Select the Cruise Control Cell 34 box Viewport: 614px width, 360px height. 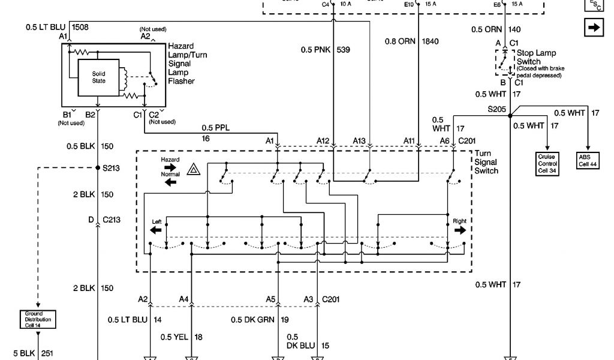click(546, 163)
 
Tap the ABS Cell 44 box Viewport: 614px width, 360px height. click(588, 160)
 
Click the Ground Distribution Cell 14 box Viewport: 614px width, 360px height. click(38, 320)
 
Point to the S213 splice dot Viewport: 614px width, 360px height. click(97, 168)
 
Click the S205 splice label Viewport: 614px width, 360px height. click(497, 109)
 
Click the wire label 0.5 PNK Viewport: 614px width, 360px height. click(314, 49)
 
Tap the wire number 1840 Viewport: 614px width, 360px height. click(431, 41)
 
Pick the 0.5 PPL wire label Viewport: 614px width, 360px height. click(215, 127)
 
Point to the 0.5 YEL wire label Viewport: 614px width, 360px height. click(173, 337)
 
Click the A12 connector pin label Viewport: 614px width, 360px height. click(323, 140)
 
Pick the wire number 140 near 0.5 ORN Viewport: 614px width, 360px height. click(514, 29)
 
